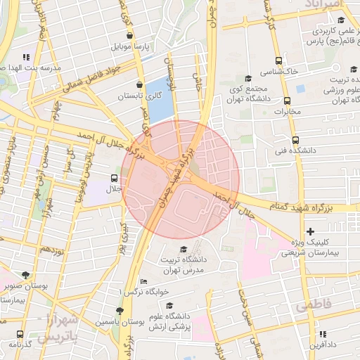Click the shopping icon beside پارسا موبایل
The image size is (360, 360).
click(129, 36)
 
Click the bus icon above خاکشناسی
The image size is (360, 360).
click(279, 60)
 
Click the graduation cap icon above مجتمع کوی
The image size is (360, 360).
click(247, 79)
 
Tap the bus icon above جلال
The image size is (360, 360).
click(115, 178)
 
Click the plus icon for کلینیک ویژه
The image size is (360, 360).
click(311, 231)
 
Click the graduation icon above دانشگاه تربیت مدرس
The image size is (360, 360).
click(184, 249)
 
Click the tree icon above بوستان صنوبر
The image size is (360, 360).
click(26, 275)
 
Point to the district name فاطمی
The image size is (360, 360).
click(313, 307)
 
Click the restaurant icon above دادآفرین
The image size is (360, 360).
click(322, 335)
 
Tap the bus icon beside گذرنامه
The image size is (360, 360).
click(19, 334)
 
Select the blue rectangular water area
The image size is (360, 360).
click(162, 98)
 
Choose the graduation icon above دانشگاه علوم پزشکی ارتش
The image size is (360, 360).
click(169, 306)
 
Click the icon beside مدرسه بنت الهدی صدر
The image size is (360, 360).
click(26, 57)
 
